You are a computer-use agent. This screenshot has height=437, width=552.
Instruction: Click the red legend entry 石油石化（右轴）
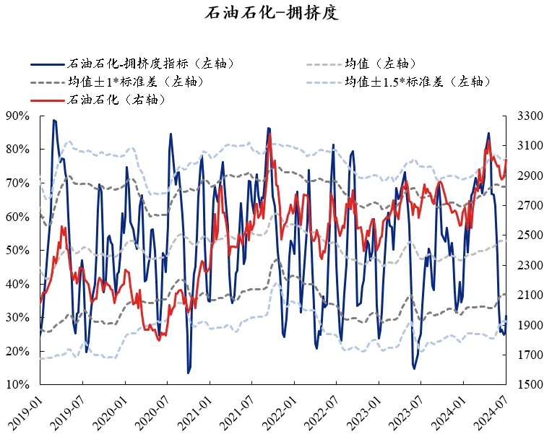[x=116, y=99]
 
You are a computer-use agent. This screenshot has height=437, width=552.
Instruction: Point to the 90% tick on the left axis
[x=17, y=116]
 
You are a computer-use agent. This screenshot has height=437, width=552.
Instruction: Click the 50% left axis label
[x=17, y=250]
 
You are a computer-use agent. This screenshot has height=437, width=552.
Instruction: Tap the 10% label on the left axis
[x=17, y=385]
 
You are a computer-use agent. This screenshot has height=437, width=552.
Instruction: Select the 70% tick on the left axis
[x=17, y=183]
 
